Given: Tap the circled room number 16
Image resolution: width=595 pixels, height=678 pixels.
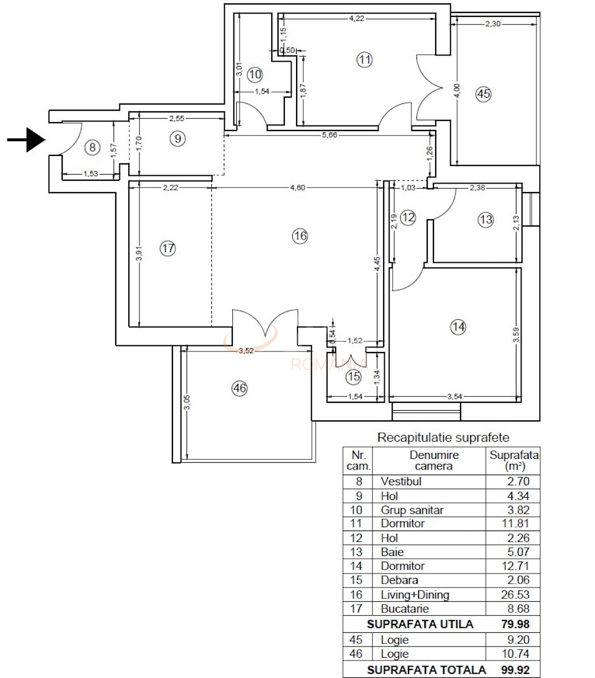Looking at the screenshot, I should pos(300,236).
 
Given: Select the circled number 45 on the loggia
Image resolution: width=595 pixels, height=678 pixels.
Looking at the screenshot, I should pos(483,94).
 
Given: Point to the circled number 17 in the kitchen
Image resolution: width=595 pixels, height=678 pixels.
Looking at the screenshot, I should pos(168,248).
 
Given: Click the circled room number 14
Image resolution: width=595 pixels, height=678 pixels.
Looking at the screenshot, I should pos(458,327).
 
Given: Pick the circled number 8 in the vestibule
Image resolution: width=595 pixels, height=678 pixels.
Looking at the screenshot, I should pos(92,148).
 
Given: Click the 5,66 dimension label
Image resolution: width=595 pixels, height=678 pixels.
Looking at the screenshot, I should pos(331,135).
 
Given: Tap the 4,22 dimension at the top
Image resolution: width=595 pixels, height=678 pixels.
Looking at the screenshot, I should pos(357,18).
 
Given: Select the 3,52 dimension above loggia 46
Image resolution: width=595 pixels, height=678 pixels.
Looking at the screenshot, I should pos(246,350).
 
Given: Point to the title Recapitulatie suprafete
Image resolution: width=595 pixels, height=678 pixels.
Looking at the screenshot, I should pos(443,437).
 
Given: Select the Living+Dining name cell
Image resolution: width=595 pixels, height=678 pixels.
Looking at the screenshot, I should pos(415,594).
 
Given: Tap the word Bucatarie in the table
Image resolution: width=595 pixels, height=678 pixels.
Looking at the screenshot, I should pos(405,609).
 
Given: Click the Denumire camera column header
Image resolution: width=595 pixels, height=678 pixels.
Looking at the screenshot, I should pos(433,460).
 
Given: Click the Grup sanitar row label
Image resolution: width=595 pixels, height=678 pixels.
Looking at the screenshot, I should pos(412,510).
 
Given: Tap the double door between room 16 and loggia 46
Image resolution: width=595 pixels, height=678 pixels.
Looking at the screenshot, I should pos(264,327).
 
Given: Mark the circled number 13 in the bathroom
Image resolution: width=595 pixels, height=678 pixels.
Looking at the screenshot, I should pos(486,220).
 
